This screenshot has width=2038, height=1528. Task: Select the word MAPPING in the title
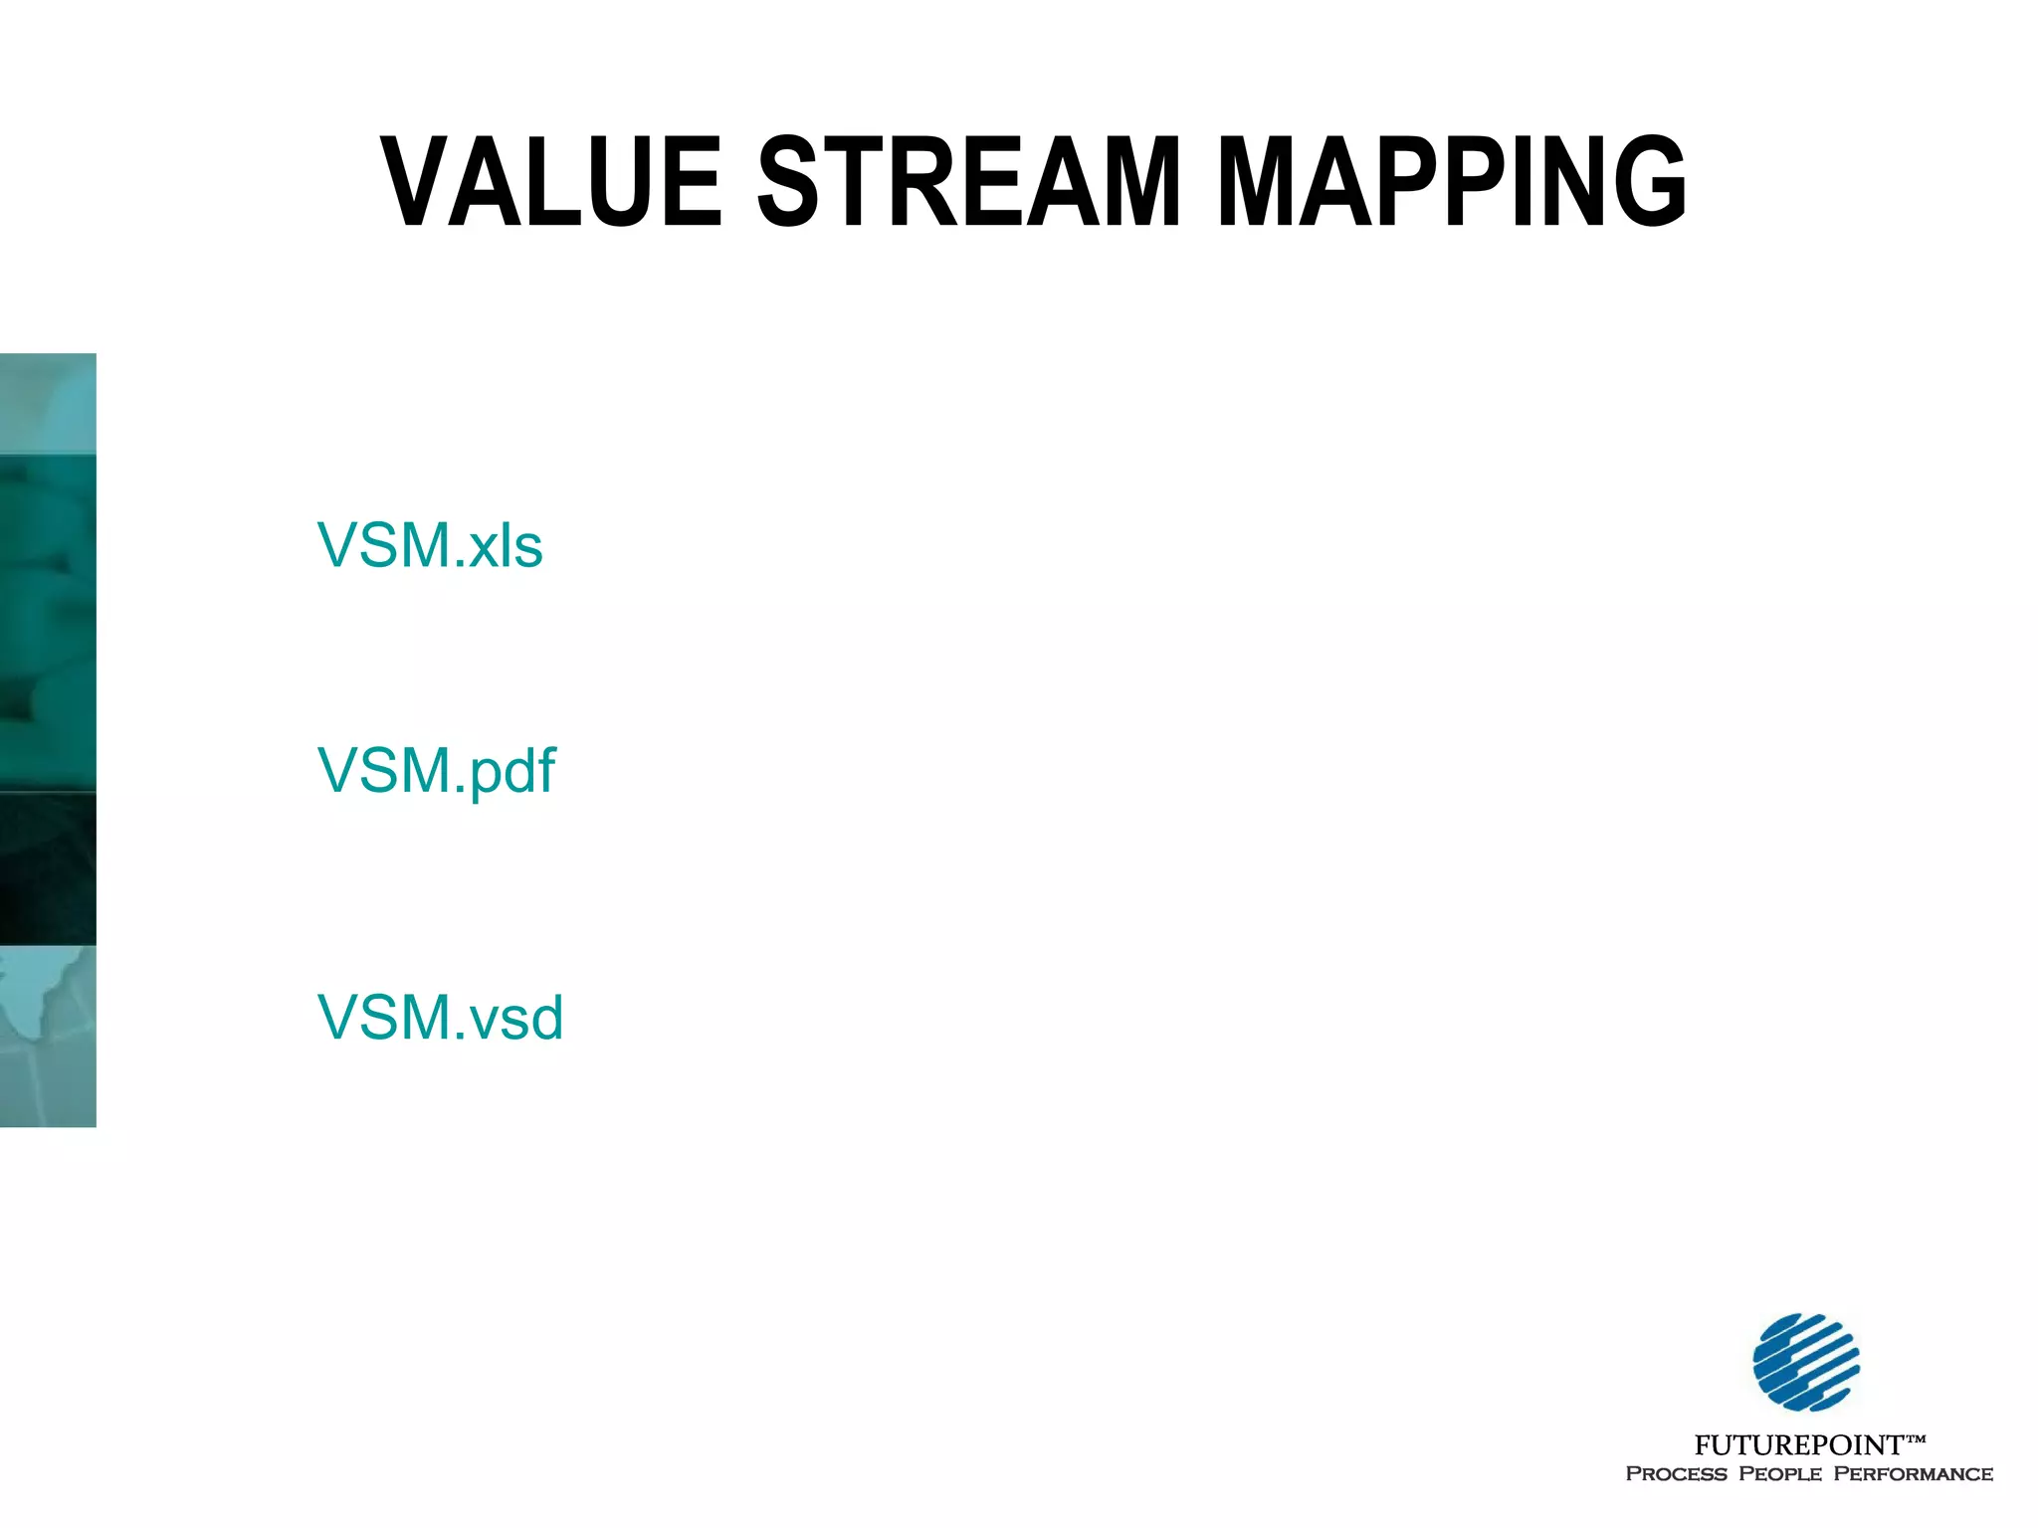click(1451, 181)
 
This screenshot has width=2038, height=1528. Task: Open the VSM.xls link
click(430, 545)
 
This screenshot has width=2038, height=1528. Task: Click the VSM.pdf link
click(436, 771)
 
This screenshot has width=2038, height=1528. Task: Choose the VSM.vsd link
click(440, 1017)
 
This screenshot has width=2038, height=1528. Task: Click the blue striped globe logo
click(1805, 1362)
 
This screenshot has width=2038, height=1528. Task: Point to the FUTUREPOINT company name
click(1798, 1444)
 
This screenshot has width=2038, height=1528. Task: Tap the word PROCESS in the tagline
click(1676, 1474)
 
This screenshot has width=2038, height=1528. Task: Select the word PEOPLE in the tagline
click(1779, 1474)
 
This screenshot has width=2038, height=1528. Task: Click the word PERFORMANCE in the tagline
click(1913, 1474)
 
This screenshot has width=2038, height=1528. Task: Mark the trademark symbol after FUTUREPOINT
click(1915, 1438)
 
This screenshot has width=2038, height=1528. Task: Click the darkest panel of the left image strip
click(48, 867)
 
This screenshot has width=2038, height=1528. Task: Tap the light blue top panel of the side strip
click(48, 404)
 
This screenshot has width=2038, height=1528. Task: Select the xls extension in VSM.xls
click(506, 547)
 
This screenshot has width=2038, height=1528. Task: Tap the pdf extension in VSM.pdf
click(512, 773)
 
